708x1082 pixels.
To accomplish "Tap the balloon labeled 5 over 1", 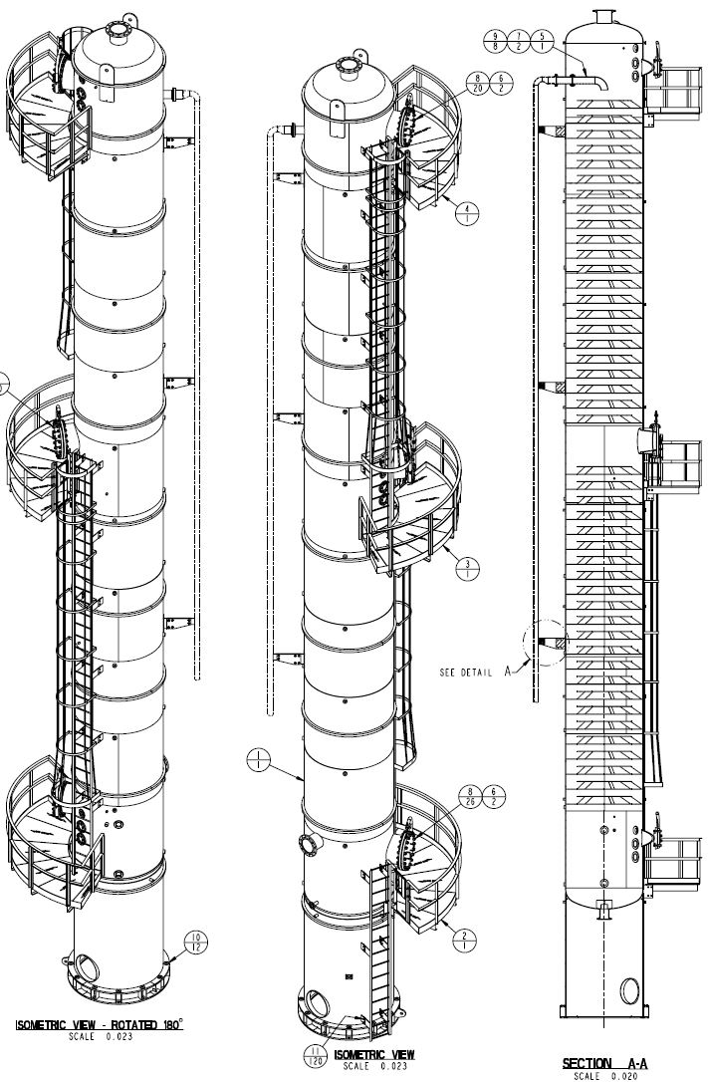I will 541,41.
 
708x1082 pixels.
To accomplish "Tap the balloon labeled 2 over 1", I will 465,936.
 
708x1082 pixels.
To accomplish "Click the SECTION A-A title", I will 599,1063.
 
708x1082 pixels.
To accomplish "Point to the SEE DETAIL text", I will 466,673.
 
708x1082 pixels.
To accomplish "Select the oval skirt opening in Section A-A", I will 629,990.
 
